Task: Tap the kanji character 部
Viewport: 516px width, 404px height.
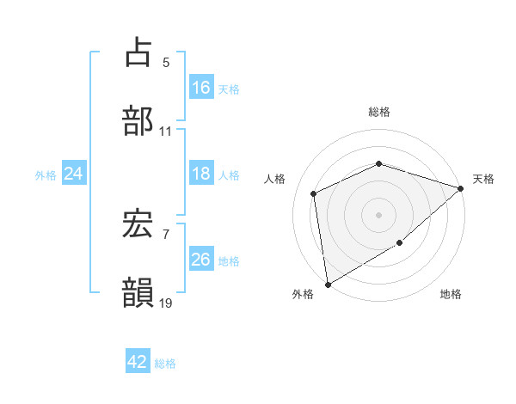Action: pyautogui.click(x=138, y=119)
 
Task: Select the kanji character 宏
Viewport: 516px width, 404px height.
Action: pyautogui.click(x=138, y=225)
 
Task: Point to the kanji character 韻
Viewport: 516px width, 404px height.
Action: pyautogui.click(x=138, y=293)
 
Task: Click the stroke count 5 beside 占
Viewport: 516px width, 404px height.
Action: pyautogui.click(x=166, y=63)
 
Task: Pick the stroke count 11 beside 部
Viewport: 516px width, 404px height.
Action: pyautogui.click(x=166, y=132)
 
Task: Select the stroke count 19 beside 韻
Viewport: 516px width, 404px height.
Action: pyautogui.click(x=166, y=303)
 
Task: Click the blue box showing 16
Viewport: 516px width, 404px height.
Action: pyautogui.click(x=200, y=88)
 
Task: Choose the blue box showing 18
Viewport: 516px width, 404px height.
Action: pyautogui.click(x=200, y=174)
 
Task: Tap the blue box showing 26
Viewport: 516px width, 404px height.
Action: pyautogui.click(x=200, y=260)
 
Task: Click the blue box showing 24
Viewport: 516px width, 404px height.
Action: pyautogui.click(x=74, y=174)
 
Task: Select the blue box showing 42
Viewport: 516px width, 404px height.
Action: pyautogui.click(x=138, y=363)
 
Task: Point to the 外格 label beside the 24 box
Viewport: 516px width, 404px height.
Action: pyautogui.click(x=46, y=174)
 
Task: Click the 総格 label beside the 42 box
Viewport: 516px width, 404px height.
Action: pyautogui.click(x=165, y=364)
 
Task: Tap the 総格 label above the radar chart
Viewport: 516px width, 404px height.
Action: pyautogui.click(x=379, y=112)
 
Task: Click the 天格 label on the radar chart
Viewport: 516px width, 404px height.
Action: pyautogui.click(x=484, y=179)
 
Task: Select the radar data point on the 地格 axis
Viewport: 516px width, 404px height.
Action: pyautogui.click(x=400, y=243)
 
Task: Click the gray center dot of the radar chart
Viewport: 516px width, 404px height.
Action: pyautogui.click(x=379, y=214)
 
